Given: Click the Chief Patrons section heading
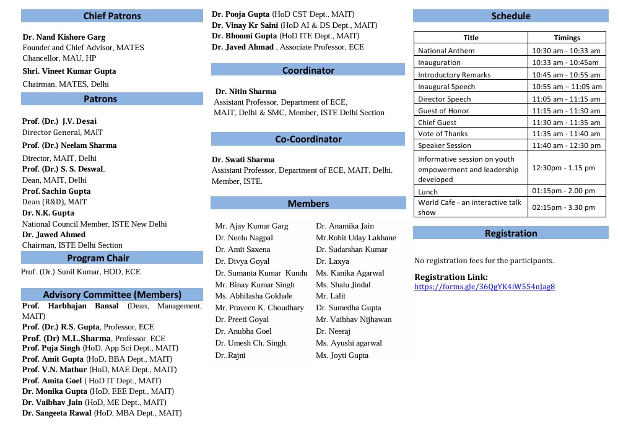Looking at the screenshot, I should tap(112, 16).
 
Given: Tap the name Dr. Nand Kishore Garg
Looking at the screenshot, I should tap(64, 37).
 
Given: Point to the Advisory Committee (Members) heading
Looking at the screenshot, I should tap(112, 295).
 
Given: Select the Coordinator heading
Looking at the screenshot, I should tap(308, 71).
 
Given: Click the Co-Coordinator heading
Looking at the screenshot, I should tap(308, 139).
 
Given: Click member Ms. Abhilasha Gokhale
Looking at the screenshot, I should tap(253, 296).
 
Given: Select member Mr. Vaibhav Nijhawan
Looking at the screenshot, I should tap(354, 320).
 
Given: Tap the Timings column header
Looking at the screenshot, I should tap(567, 38).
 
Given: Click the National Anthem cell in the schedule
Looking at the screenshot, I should tap(446, 51).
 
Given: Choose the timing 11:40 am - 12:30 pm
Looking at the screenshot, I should tap(567, 146).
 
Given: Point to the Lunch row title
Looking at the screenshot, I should tap(428, 192).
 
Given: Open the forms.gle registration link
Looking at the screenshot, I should tap(485, 287).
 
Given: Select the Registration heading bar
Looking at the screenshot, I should tap(511, 233).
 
